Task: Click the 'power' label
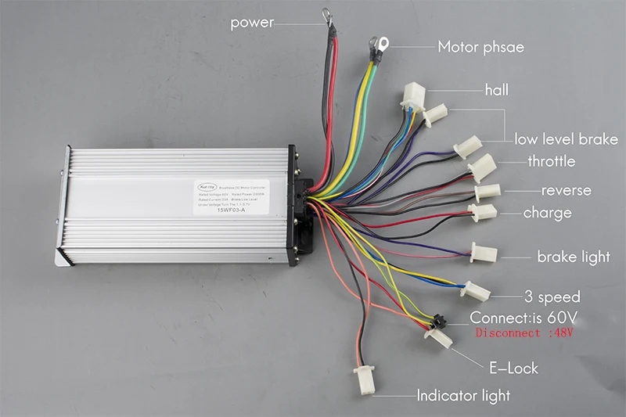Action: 252,23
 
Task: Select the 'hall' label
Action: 496,90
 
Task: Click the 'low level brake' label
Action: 566,139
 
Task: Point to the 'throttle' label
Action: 551,162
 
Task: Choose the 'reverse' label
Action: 567,190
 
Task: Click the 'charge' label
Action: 547,213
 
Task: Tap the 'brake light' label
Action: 573,257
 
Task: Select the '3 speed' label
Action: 552,297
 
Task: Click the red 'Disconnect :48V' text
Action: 523,333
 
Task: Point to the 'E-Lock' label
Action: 514,367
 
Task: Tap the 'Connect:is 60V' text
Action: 522,318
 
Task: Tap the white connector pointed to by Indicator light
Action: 366,382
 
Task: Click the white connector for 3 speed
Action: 476,292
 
